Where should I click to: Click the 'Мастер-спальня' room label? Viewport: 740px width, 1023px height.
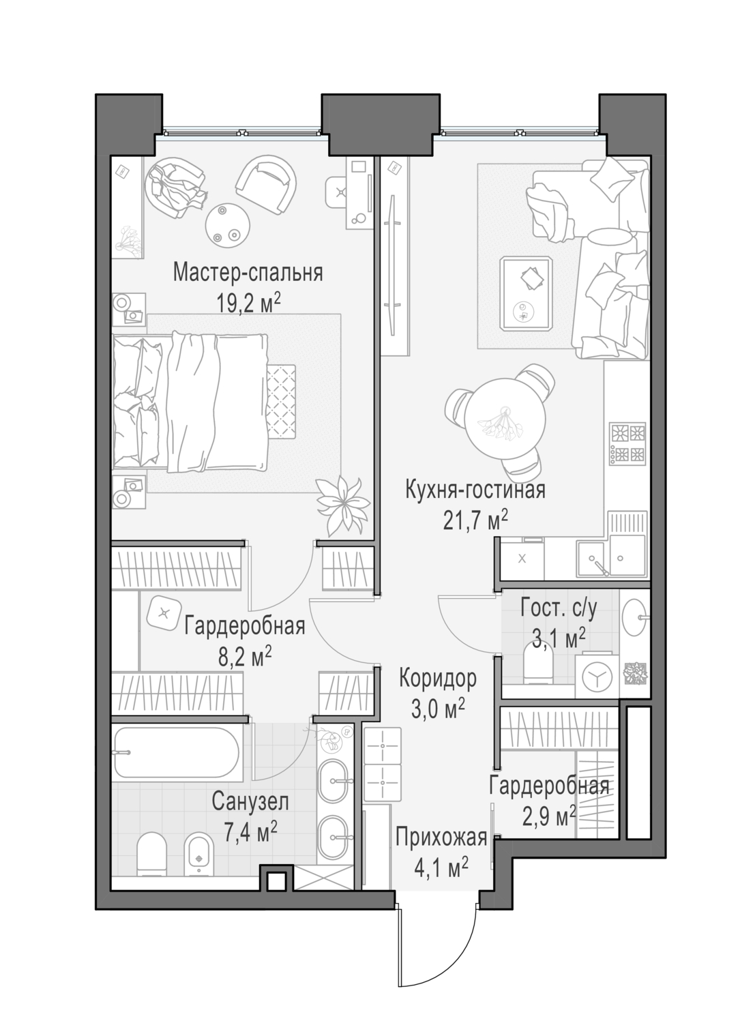[248, 273]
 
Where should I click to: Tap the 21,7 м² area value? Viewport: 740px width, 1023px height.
[475, 520]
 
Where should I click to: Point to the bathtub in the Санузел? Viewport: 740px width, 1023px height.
[177, 752]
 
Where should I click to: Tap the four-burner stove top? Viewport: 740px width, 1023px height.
[628, 443]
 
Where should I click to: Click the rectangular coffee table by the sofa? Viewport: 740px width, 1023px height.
[526, 293]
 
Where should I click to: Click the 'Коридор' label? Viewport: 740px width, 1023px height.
[438, 678]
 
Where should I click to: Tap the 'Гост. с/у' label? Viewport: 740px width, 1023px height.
[559, 609]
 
